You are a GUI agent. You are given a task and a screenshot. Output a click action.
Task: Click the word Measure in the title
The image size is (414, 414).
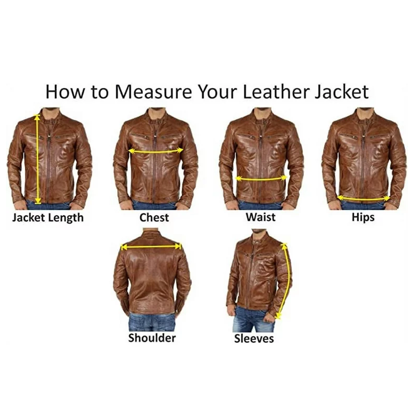point(154,92)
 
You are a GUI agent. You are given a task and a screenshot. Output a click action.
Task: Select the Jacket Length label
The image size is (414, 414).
point(48,218)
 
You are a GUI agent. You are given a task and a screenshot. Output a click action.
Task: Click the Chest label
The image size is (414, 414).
point(154,218)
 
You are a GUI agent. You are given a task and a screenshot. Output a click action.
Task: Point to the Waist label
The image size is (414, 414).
point(260,217)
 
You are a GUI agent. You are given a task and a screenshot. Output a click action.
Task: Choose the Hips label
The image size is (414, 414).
point(363,218)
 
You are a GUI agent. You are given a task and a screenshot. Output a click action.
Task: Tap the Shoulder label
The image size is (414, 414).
point(152,338)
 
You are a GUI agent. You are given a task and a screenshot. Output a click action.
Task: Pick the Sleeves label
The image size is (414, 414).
point(254,339)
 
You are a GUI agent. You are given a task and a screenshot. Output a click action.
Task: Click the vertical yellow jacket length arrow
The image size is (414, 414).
point(38,159)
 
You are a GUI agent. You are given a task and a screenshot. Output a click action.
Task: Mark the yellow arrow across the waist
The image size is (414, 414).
point(261,179)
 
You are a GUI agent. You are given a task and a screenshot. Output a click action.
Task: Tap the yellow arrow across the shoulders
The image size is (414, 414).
point(151,247)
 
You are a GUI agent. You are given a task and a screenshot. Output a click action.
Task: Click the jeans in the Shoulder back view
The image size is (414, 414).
point(152,322)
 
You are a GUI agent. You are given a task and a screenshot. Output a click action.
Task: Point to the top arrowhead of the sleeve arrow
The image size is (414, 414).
point(284,246)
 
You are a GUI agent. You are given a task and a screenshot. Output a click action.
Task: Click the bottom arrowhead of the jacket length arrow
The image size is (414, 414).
point(38,201)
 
